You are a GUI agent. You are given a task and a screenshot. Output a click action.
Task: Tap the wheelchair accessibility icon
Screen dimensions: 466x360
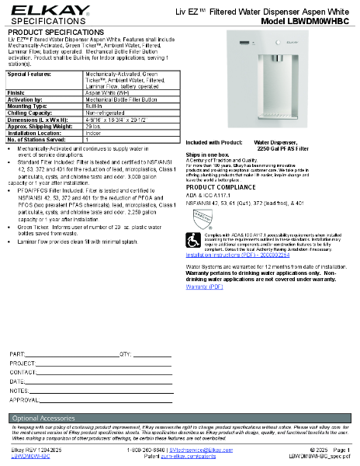coord(194,240)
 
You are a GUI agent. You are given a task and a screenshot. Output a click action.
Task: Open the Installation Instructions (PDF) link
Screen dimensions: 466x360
coord(237,254)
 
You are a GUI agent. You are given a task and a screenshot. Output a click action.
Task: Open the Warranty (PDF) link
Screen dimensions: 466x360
coord(205,287)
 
